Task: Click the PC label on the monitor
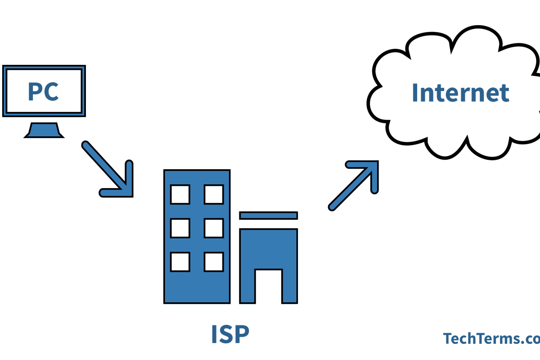pos(43,91)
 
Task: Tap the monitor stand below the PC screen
pos(43,130)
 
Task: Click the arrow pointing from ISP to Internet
pos(353,184)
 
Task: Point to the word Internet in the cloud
pos(460,92)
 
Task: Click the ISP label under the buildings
pos(230,334)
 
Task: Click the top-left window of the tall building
pos(180,194)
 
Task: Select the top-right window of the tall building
pos(213,194)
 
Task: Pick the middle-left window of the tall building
pos(180,228)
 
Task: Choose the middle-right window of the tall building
pos(213,228)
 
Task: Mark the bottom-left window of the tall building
pos(180,261)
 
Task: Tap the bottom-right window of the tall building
pos(213,261)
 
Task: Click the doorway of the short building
pos(269,286)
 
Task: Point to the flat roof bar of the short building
pos(269,216)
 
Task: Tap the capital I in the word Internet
pos(415,92)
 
